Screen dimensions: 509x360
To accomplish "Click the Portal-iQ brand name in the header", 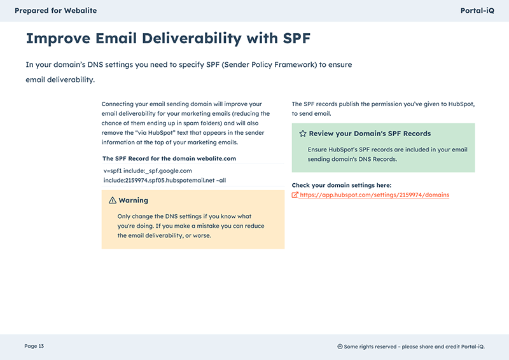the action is point(477,11).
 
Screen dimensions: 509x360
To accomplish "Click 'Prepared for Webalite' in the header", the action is point(55,11).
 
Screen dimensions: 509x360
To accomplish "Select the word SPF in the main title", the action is point(296,38).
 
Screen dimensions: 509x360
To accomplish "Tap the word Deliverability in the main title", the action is point(192,39).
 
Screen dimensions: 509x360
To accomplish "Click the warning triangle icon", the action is point(113,200).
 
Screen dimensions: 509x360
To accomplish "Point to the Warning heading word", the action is point(134,200).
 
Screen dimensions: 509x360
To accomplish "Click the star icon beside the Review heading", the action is point(303,134).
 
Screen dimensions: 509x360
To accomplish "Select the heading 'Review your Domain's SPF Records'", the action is point(370,134).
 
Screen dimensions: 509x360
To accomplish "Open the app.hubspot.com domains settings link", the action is point(375,195).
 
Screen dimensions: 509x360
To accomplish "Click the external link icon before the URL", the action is point(295,195).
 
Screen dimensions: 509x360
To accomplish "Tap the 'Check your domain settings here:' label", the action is point(342,185).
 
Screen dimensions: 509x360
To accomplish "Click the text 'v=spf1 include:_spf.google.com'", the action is point(148,170).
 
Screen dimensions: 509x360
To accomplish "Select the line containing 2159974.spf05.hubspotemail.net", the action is point(165,180).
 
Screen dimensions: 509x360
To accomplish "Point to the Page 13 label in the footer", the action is point(34,346).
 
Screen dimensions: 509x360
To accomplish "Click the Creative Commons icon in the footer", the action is point(340,347).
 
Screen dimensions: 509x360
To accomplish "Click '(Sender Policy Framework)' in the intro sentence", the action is point(269,65).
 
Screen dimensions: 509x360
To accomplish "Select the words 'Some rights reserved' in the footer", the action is point(370,347).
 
